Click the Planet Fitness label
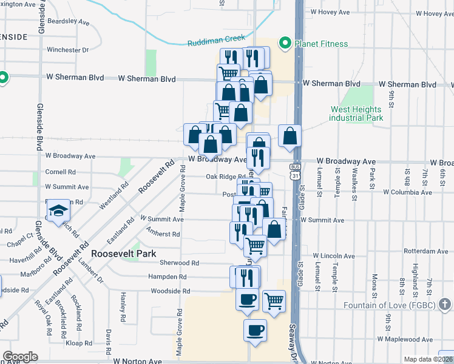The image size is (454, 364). [x=321, y=44]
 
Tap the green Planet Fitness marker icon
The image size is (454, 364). [x=283, y=43]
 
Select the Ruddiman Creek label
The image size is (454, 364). [x=216, y=38]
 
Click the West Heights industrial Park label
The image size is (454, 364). [x=356, y=113]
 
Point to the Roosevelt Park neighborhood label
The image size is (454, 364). [x=123, y=254]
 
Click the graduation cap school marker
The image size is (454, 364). [x=59, y=211]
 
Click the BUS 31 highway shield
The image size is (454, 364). [x=295, y=171]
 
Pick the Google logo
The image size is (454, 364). [x=20, y=357]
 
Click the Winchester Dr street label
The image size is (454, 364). [x=67, y=50]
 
